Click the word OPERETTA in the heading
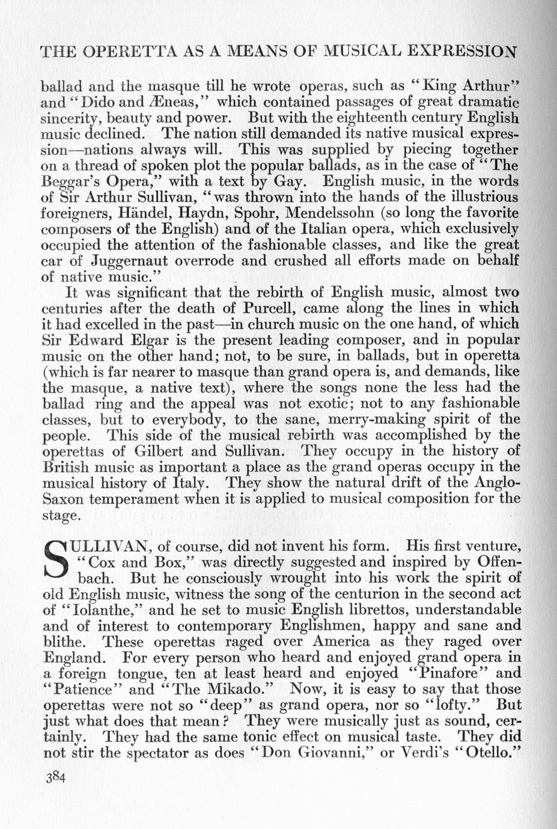124,51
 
